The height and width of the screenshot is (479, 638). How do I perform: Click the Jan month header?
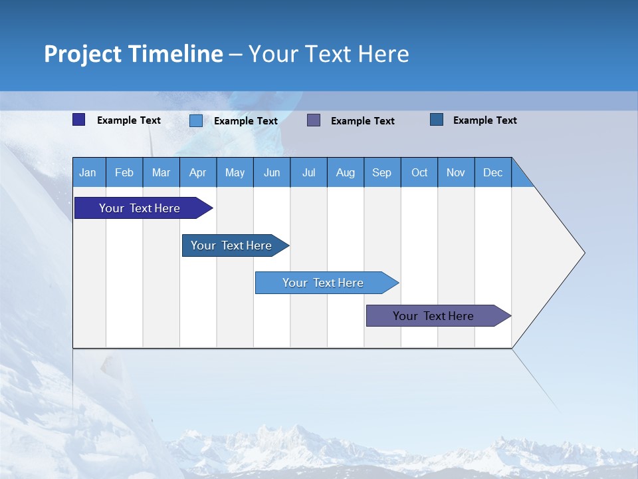[x=88, y=172]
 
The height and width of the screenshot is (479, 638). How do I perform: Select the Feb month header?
[x=124, y=172]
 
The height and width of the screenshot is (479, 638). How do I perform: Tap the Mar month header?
[x=161, y=172]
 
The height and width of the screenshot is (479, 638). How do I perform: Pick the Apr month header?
[x=198, y=172]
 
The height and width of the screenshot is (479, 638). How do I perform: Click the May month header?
[x=235, y=172]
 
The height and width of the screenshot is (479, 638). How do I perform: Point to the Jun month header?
[x=272, y=172]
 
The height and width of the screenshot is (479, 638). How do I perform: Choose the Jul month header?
[x=308, y=172]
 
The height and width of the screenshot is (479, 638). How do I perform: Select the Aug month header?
[x=346, y=172]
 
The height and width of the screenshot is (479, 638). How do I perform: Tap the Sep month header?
[x=382, y=172]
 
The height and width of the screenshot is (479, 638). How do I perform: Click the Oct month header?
[x=419, y=172]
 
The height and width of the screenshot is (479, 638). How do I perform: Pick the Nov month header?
[x=456, y=172]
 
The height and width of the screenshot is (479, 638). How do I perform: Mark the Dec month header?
[x=493, y=172]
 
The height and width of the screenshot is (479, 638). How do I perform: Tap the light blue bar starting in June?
[x=324, y=283]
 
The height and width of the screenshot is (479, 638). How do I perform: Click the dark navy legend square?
[x=79, y=120]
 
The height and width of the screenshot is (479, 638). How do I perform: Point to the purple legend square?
[x=314, y=120]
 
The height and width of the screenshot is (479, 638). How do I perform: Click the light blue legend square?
[x=196, y=120]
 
